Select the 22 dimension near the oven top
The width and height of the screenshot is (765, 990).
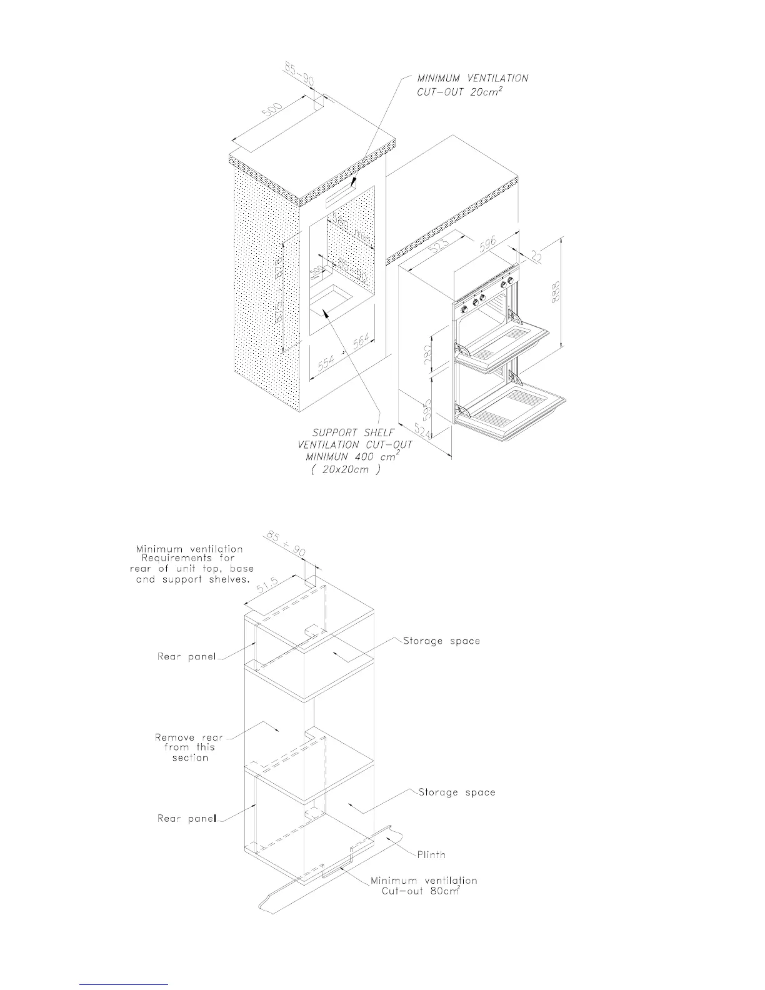pyautogui.click(x=535, y=255)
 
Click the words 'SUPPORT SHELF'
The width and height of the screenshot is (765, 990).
pyautogui.click(x=353, y=432)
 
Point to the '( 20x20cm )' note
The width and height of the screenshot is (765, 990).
pyautogui.click(x=345, y=470)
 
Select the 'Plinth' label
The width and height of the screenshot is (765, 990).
pyautogui.click(x=431, y=854)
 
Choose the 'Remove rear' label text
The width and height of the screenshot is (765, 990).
pyautogui.click(x=189, y=737)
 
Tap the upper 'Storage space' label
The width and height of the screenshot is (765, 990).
pyautogui.click(x=441, y=641)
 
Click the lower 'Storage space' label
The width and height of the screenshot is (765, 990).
pyautogui.click(x=457, y=792)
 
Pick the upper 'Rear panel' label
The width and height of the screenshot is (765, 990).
pyautogui.click(x=186, y=656)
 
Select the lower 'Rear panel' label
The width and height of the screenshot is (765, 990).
pyautogui.click(x=186, y=818)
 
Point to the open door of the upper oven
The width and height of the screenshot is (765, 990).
pyautogui.click(x=506, y=341)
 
